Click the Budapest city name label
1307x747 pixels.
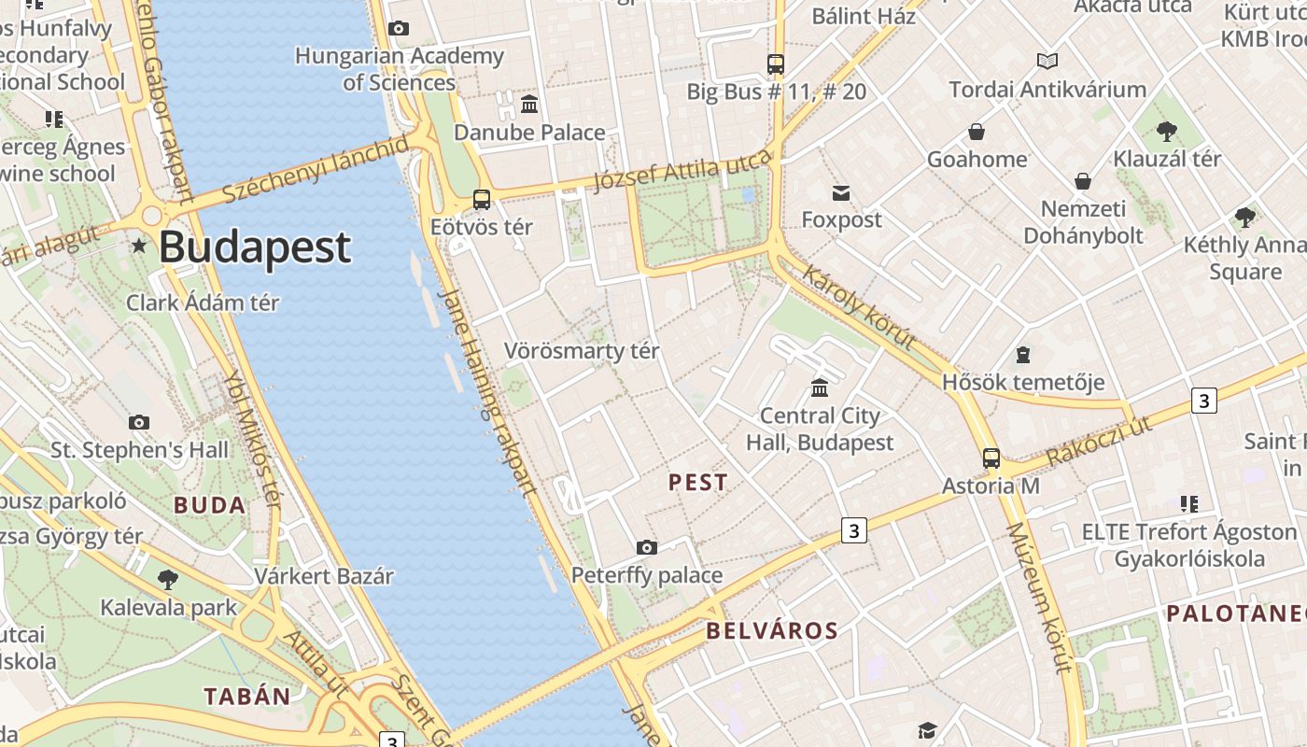coord(254,247)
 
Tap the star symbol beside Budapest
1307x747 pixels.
coord(139,246)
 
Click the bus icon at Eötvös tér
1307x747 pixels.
coord(482,199)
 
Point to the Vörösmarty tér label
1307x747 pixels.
coord(582,351)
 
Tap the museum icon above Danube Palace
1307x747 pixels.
coord(529,104)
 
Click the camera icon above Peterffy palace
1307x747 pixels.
coord(646,547)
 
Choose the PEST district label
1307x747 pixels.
coord(697,483)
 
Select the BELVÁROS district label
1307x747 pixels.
coord(772,630)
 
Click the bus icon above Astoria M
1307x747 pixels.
coord(991,458)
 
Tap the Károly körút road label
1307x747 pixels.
coord(859,308)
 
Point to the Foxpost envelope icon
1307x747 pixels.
coord(841,193)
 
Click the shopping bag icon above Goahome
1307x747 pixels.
coord(977,132)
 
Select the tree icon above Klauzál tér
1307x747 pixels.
coord(1166,131)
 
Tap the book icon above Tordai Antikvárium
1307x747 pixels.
coord(1047,62)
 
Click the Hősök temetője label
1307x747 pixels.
coord(1023,382)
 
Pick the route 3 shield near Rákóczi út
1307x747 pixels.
coord(1204,401)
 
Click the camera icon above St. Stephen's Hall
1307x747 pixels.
coord(139,423)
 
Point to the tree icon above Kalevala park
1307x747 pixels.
coord(168,580)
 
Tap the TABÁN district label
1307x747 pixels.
coord(247,696)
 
